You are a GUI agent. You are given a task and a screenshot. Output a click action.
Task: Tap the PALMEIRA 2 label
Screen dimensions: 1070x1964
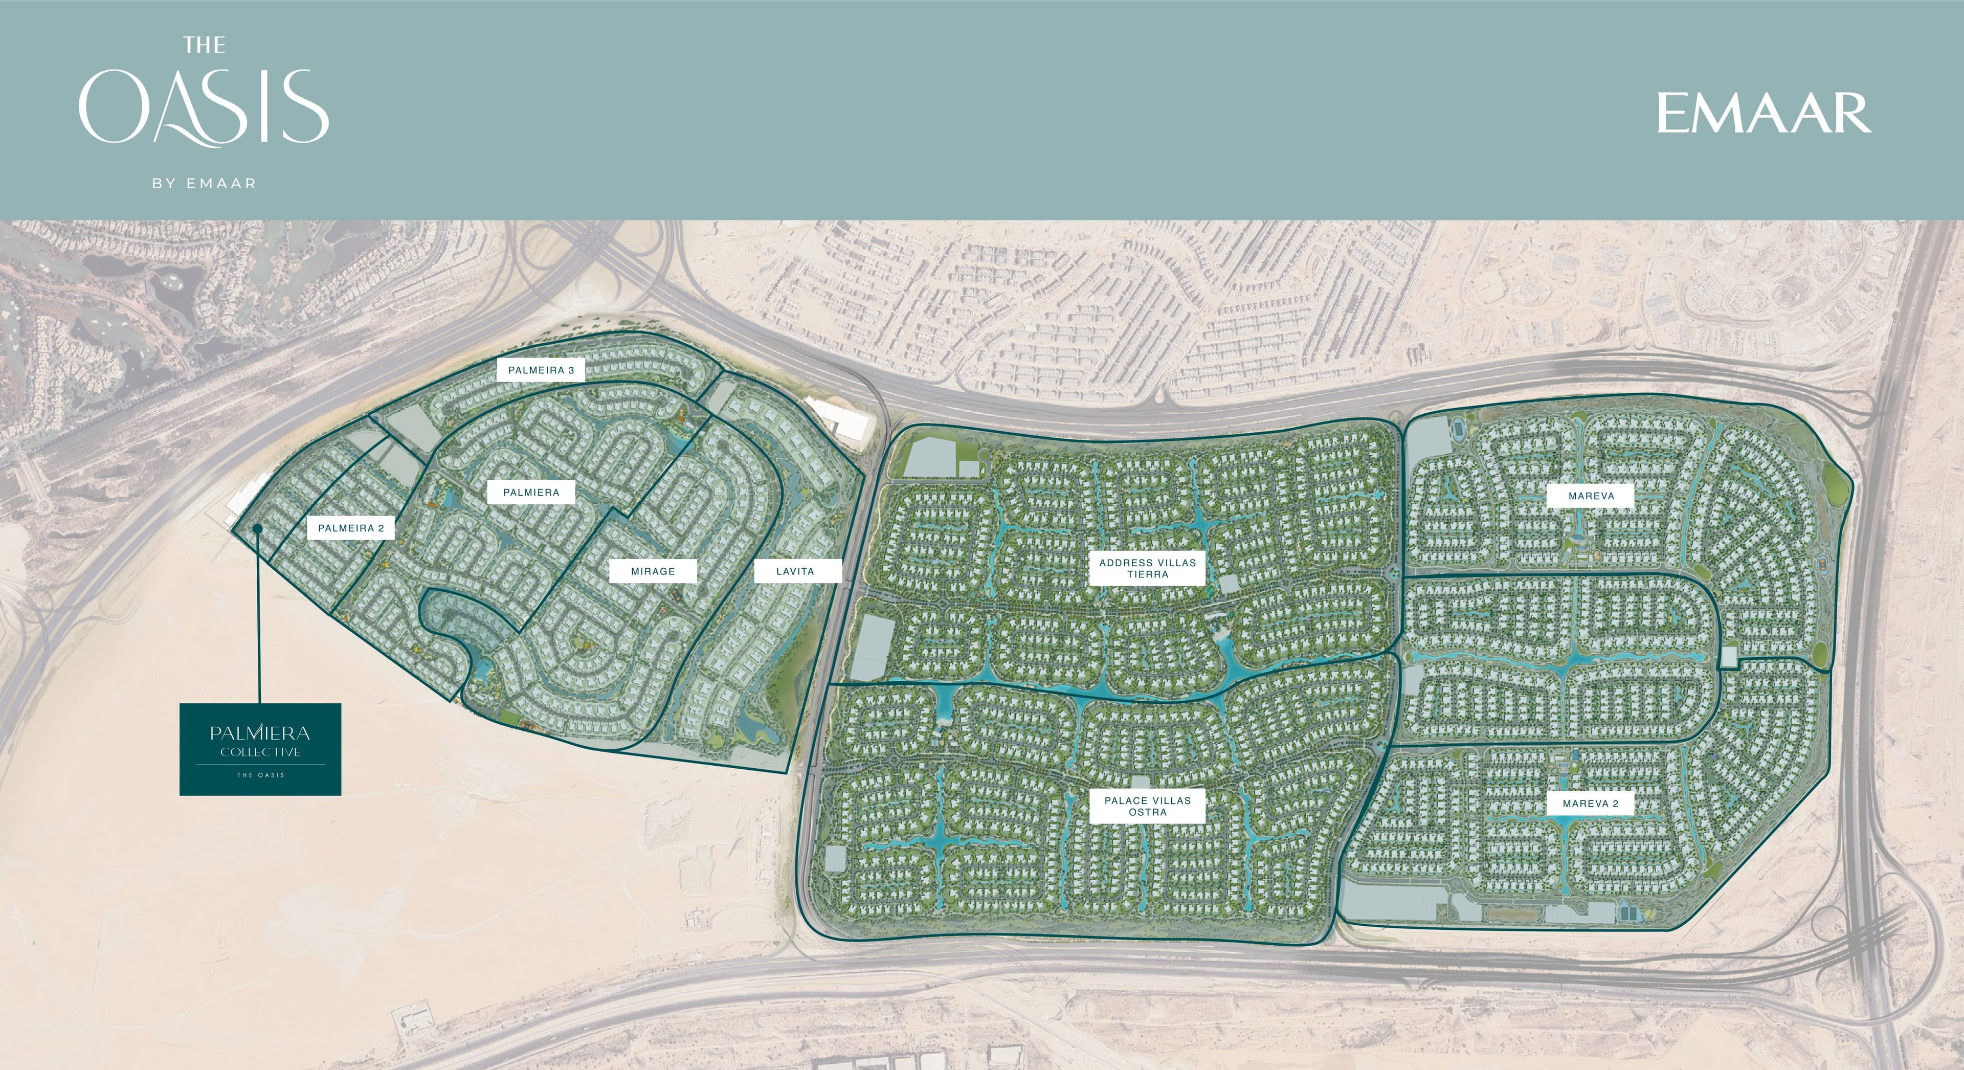(351, 528)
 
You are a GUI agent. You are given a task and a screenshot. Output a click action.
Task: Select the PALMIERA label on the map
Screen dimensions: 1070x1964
(531, 493)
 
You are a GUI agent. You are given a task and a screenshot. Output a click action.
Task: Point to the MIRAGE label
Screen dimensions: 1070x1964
(653, 571)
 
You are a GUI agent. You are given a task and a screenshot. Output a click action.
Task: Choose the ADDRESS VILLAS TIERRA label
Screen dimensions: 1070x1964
(1147, 568)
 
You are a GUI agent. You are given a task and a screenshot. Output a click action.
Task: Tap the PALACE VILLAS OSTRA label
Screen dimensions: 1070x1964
(1147, 806)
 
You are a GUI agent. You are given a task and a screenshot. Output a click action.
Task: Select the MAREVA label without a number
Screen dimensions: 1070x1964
(1591, 496)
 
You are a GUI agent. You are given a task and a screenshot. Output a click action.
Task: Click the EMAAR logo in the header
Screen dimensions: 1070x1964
(1764, 113)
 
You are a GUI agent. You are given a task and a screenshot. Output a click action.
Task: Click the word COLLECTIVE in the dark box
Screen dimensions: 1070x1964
(260, 752)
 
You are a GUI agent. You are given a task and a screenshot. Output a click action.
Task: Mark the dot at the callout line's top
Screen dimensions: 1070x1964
(258, 528)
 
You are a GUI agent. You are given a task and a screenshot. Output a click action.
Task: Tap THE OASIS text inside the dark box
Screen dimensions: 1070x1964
(260, 775)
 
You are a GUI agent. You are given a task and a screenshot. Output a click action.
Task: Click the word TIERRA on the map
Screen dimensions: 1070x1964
(1147, 574)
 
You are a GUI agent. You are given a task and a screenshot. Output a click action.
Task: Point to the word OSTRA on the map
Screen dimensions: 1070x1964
(1147, 812)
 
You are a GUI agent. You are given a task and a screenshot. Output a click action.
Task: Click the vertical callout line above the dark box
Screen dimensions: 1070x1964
(259, 618)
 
